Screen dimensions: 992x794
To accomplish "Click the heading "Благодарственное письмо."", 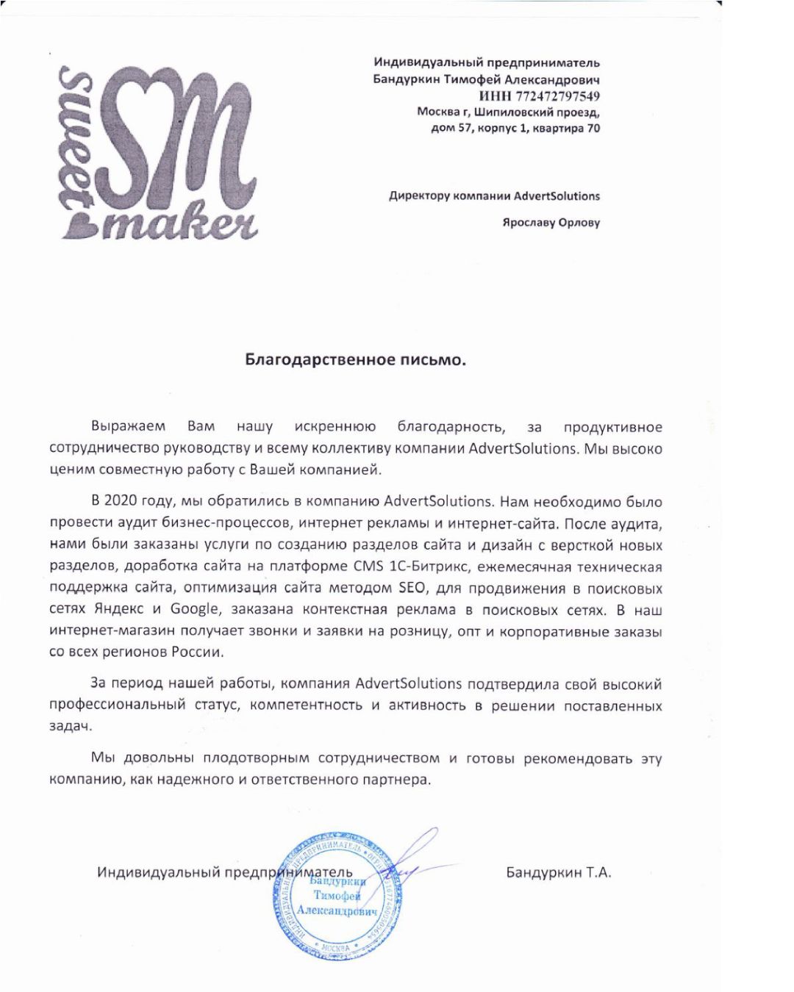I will point(356,360).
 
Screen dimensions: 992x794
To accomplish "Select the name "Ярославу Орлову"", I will point(551,222).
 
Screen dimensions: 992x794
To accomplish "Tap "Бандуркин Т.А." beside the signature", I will point(559,872).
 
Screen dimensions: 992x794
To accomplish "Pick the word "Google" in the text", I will point(194,609).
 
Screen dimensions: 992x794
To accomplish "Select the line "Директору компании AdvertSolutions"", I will point(494,196).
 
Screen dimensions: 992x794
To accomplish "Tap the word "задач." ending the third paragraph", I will point(71,727).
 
